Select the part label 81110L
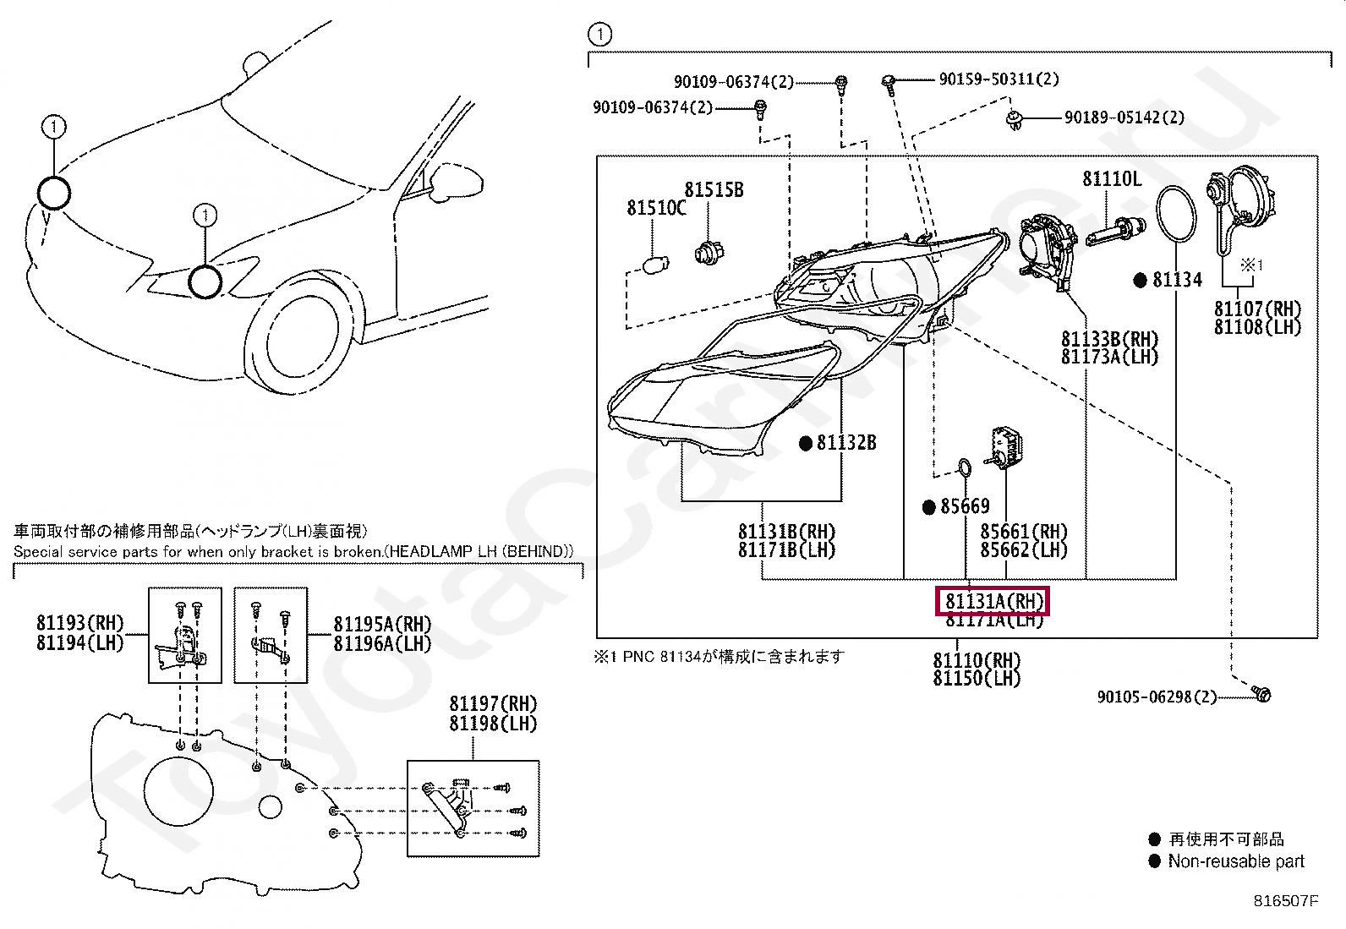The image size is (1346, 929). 1111,178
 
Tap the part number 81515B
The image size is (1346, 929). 714,189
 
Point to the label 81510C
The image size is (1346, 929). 656,207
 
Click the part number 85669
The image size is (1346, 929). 965,506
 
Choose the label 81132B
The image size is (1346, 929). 846,442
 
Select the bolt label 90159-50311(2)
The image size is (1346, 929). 999,79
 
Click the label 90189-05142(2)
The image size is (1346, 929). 1124,117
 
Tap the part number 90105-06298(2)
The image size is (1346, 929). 1157,697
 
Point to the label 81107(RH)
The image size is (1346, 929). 1257,309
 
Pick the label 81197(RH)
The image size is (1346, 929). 493,704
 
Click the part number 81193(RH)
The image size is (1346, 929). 79,623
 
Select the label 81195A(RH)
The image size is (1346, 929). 382,624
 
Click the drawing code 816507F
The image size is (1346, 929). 1285,901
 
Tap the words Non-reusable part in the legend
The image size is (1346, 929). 1235,861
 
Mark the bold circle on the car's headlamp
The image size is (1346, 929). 205,281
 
